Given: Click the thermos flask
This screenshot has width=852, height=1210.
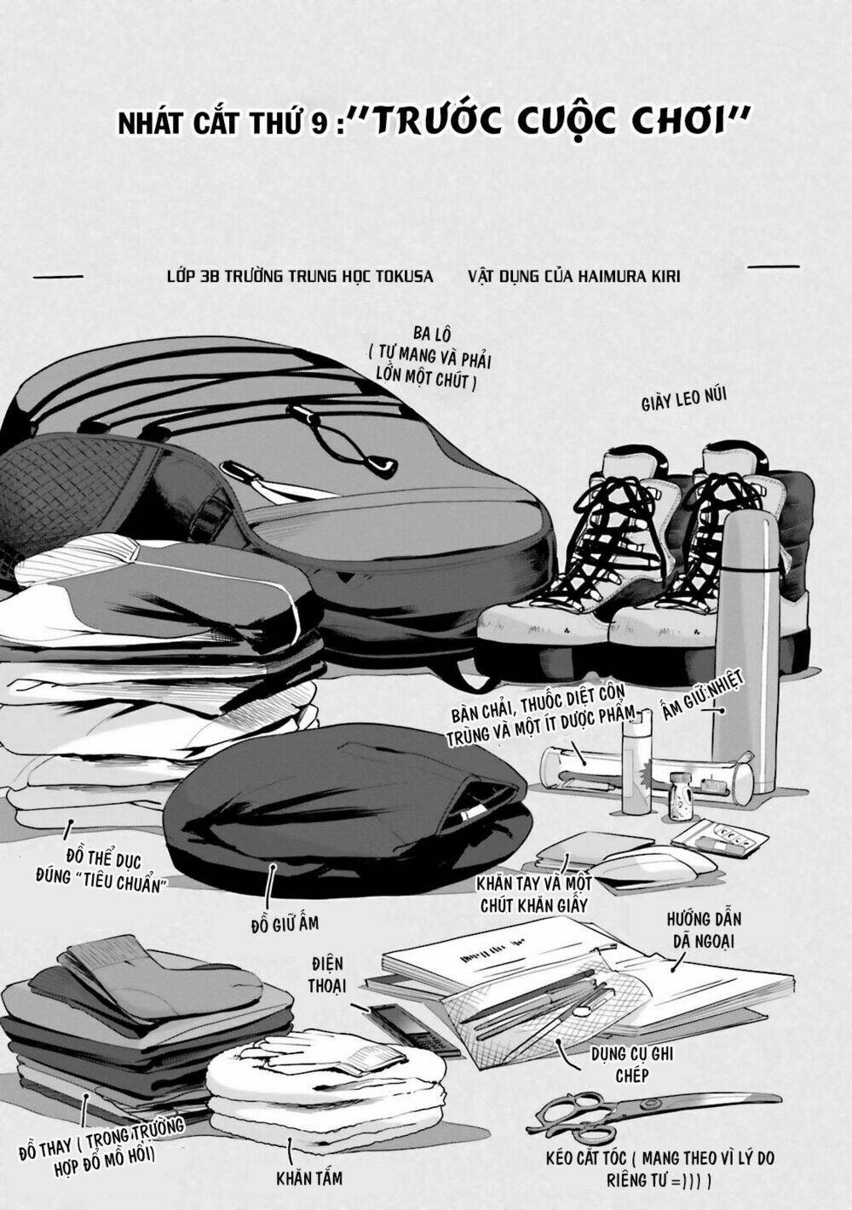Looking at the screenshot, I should point(745,647).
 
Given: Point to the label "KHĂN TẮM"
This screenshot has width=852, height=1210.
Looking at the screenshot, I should point(309,1178).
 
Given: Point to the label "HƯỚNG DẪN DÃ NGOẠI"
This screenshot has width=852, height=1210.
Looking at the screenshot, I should point(704,930).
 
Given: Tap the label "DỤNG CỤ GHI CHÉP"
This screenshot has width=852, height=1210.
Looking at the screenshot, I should point(632,1064).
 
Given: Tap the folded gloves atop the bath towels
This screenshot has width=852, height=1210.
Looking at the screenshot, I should point(341,1052).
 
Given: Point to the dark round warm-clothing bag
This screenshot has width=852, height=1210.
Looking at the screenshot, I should point(341,800).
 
